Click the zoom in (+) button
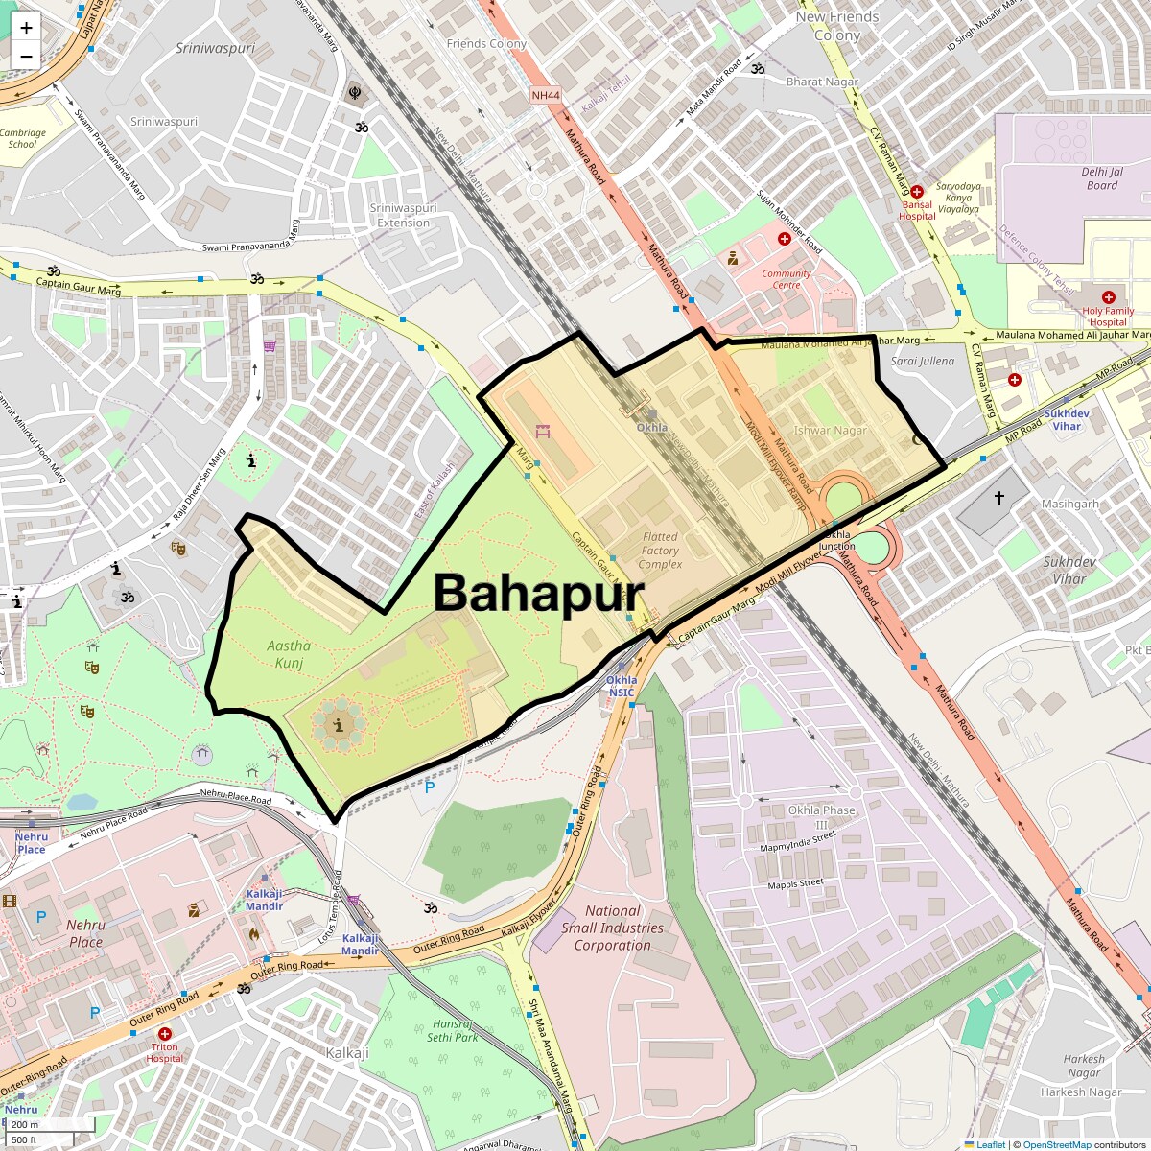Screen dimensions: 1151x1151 coord(26,28)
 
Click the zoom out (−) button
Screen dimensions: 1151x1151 coord(26,57)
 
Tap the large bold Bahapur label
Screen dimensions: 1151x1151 coord(538,593)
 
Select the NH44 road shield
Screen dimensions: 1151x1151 coord(545,95)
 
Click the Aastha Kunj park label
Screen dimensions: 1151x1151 coord(289,654)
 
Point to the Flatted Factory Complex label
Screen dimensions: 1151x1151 coord(660,551)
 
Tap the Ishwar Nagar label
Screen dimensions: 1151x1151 coord(830,431)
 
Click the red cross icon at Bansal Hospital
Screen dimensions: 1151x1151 coord(917,192)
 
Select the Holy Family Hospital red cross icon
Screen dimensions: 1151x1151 coord(1108,297)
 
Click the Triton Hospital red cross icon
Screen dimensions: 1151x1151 coord(165,1034)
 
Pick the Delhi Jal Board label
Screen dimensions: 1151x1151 coord(1102,178)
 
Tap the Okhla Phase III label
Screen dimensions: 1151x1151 coord(821,817)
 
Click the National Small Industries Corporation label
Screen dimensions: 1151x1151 coord(612,928)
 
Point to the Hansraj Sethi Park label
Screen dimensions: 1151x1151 coord(453,1030)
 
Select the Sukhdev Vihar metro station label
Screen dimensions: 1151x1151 coord(1067,420)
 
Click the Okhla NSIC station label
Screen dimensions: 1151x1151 coord(621,686)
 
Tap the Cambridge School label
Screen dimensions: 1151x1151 coord(23,139)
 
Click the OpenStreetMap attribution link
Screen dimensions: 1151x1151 coord(1056,1144)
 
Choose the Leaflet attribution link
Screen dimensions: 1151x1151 coord(991,1144)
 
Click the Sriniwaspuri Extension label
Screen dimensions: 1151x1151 coord(403,215)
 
